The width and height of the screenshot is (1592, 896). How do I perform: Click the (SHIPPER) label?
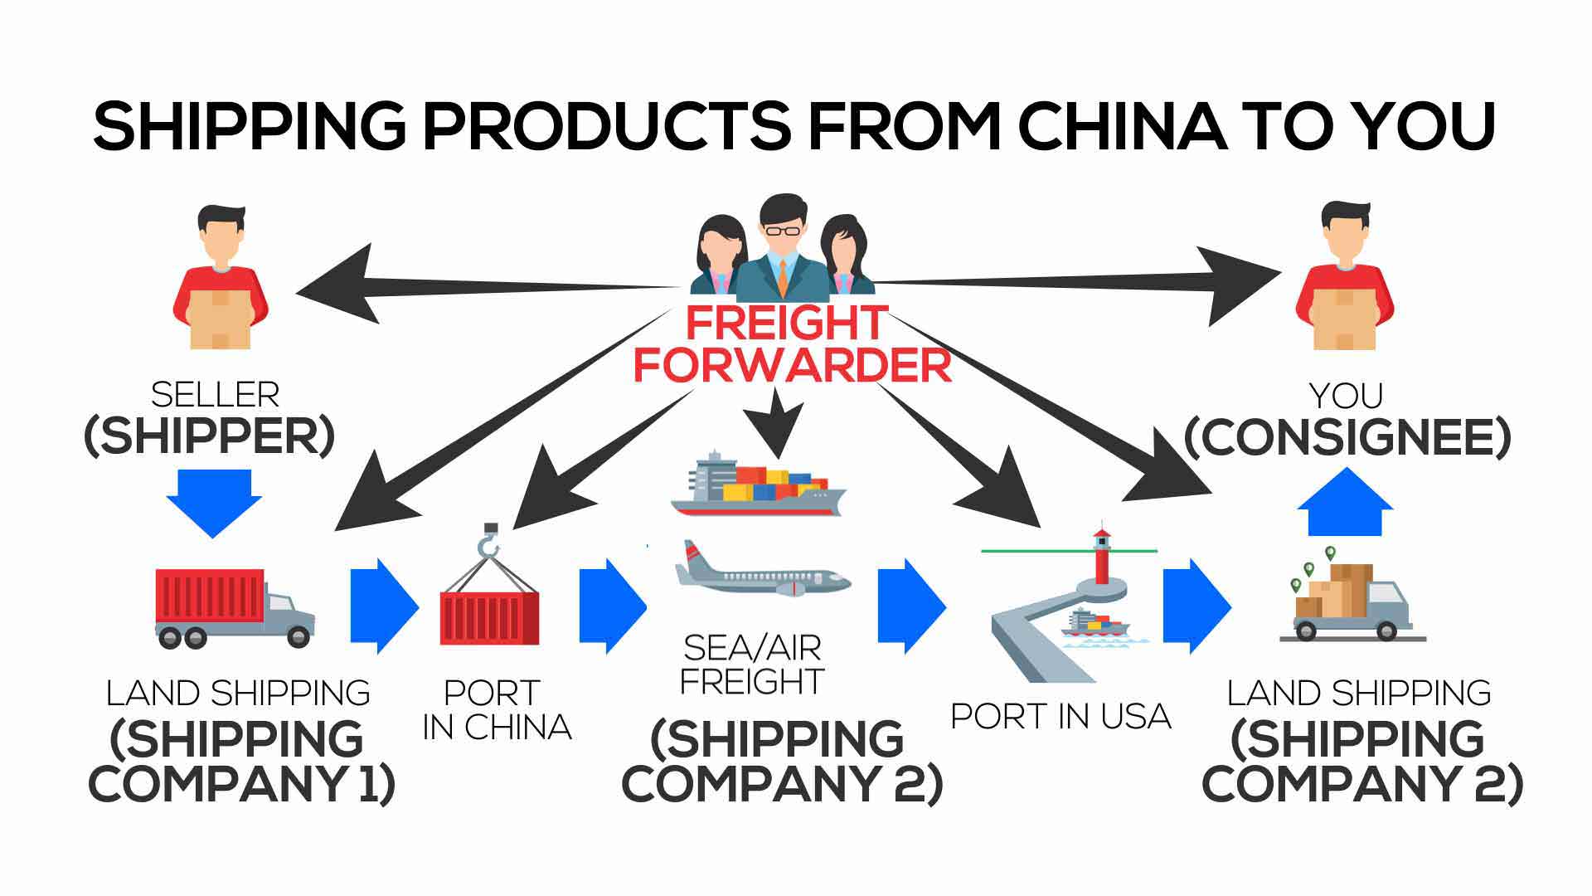(209, 436)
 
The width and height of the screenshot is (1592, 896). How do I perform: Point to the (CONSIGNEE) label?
(1347, 437)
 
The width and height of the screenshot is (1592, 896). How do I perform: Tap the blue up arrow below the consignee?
(1345, 503)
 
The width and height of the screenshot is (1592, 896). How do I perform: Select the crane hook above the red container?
(489, 543)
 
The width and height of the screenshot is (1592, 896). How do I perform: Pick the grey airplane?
(761, 572)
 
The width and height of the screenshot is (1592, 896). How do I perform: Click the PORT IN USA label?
(1061, 716)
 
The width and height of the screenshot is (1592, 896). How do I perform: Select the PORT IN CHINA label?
(496, 710)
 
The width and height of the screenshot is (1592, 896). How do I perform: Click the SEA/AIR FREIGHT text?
(752, 665)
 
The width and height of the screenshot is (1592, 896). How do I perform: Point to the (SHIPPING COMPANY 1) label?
(240, 761)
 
